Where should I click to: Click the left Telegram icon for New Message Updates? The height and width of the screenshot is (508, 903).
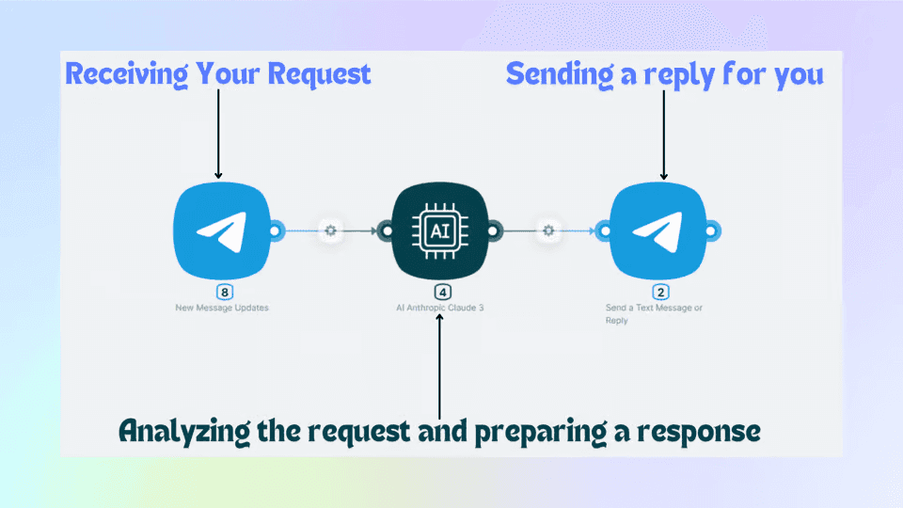(x=222, y=230)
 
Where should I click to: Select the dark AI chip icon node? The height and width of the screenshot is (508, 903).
(x=439, y=230)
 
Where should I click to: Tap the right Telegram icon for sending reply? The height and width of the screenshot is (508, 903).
(x=657, y=230)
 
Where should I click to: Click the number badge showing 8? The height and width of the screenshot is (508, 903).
(x=224, y=292)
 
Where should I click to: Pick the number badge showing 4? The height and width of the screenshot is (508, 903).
(x=441, y=292)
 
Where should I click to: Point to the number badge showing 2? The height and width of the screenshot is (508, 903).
(x=659, y=292)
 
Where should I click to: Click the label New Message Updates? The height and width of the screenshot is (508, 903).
(x=222, y=308)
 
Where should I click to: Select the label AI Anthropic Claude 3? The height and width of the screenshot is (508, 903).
(x=440, y=308)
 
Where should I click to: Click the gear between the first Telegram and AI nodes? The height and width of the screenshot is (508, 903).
(x=330, y=230)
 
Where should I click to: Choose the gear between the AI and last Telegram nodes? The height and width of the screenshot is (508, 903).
(x=548, y=230)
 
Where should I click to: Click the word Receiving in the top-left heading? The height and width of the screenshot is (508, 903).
(x=119, y=74)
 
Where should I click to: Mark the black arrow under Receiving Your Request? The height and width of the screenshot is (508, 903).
(x=218, y=132)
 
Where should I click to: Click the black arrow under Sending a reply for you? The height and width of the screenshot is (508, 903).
(x=664, y=132)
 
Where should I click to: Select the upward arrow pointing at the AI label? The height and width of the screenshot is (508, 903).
(x=439, y=367)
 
